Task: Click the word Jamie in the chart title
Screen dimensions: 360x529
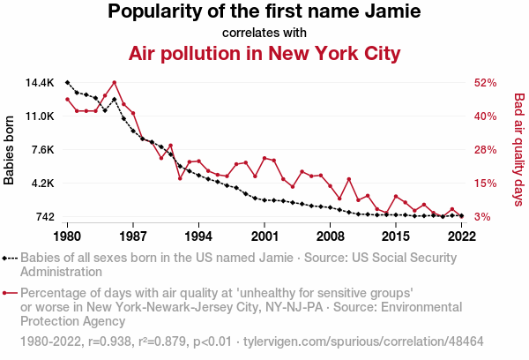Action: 389,12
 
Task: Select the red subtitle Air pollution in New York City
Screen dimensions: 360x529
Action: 264,54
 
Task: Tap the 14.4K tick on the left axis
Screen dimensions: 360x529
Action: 39,83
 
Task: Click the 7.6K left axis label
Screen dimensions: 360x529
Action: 42,150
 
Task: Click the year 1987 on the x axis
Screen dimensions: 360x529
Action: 133,236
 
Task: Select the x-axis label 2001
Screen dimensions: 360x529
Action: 264,236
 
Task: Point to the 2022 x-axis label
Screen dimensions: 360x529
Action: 461,236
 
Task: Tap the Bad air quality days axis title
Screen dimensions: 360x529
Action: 518,150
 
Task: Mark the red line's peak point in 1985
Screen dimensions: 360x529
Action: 115,83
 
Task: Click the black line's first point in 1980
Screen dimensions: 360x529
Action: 68,82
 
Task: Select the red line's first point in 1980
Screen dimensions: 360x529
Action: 68,99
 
